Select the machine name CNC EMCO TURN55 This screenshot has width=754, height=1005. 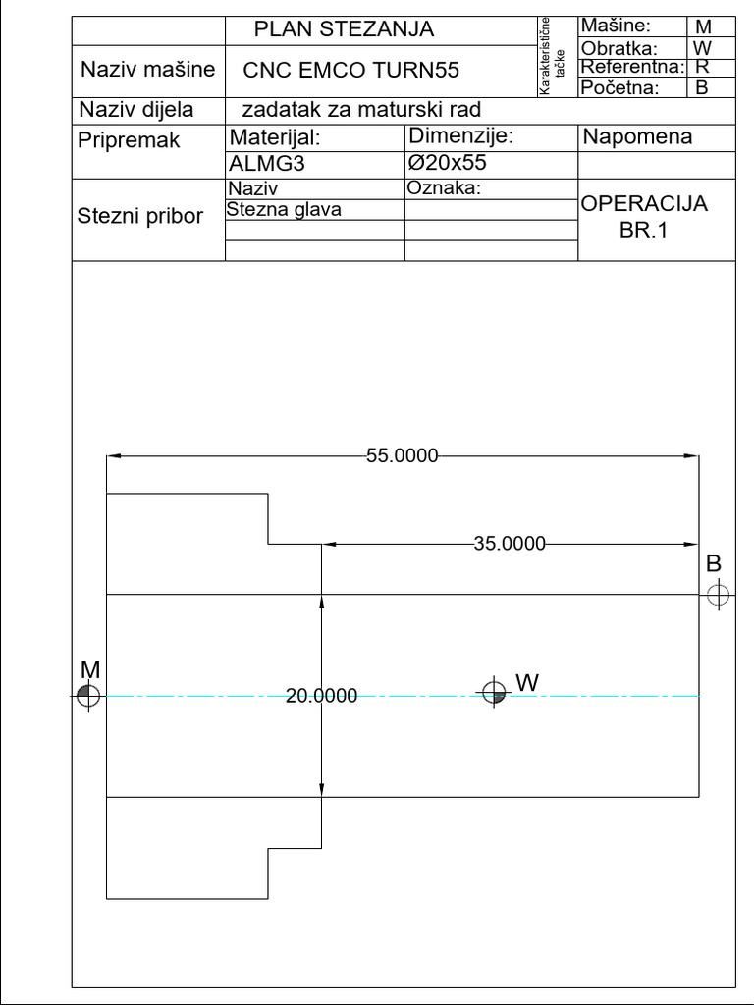350,71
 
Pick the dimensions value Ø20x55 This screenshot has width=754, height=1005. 448,162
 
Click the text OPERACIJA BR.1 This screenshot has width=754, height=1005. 644,218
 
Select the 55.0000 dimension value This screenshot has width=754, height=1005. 403,455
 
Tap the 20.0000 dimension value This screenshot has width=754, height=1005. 321,696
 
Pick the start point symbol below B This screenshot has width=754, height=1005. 719,594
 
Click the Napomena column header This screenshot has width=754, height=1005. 637,137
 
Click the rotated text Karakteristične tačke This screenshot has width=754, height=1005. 551,56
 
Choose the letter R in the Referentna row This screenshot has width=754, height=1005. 703,67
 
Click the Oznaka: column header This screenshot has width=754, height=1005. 443,187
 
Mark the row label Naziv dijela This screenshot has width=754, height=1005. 136,109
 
